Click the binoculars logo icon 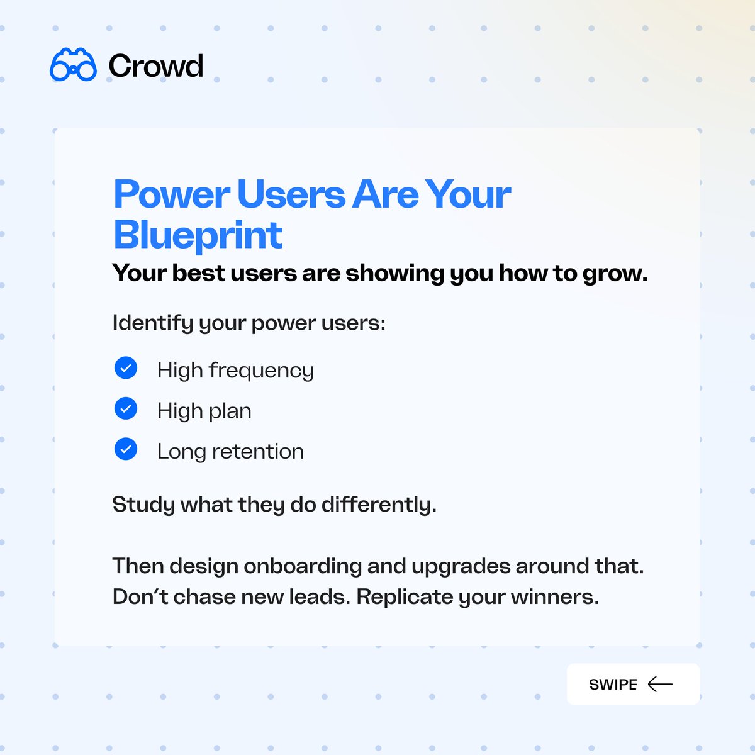pos(73,65)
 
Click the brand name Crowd pos(155,66)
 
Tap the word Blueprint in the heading pos(198,235)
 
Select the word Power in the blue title pos(171,194)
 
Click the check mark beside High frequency pos(126,368)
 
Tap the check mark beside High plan pos(126,409)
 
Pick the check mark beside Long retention pos(126,449)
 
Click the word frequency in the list pos(261,371)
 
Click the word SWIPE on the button pos(613,685)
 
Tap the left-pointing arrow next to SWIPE pos(660,684)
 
